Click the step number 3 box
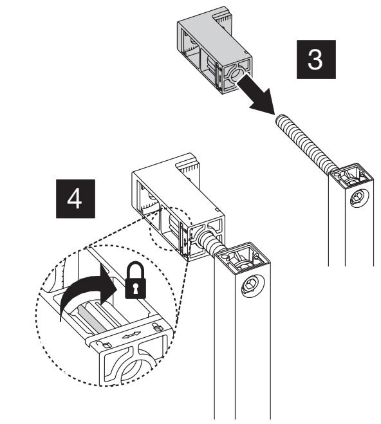316,59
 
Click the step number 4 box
75,199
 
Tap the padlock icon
135,281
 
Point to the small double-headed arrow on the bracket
131,335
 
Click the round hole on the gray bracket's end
236,75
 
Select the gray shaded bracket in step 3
215,50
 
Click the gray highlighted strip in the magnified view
92,319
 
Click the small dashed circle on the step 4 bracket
171,229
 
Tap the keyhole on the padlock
135,288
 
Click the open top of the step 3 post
351,176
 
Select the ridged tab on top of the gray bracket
223,19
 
